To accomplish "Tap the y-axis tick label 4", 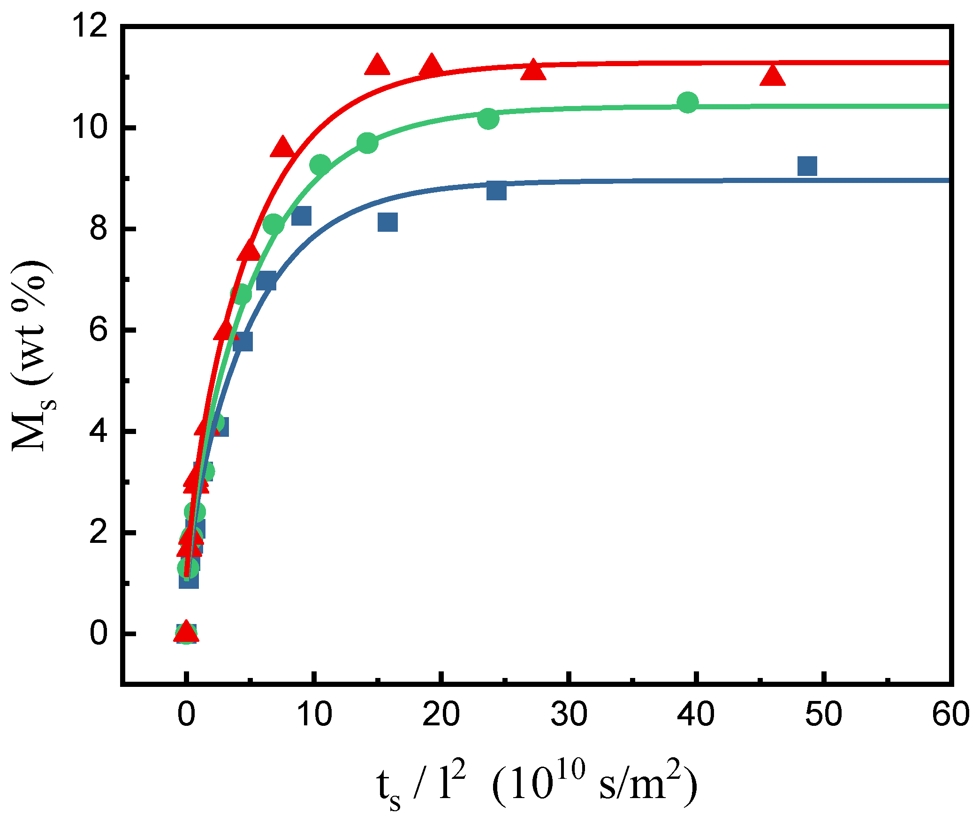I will click(x=99, y=431).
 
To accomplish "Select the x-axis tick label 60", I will click(x=950, y=714).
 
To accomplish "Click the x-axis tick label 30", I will click(x=569, y=714).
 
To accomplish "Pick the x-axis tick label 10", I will click(x=314, y=714).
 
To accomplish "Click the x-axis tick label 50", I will click(x=823, y=714).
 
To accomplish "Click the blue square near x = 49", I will click(x=807, y=166).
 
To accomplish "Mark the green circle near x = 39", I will click(x=688, y=102).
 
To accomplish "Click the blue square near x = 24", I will click(x=496, y=190).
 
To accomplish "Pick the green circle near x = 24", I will click(x=488, y=119).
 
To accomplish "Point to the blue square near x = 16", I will click(x=387, y=222).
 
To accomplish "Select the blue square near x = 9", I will click(x=301, y=216).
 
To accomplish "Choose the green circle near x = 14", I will click(x=367, y=143).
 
